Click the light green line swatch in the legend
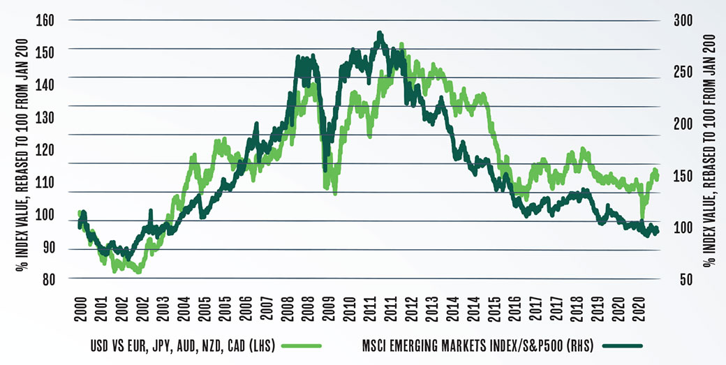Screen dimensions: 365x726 pos(302,345)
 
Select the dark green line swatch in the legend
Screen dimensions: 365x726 pos(622,345)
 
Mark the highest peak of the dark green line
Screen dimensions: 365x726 pos(379,33)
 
